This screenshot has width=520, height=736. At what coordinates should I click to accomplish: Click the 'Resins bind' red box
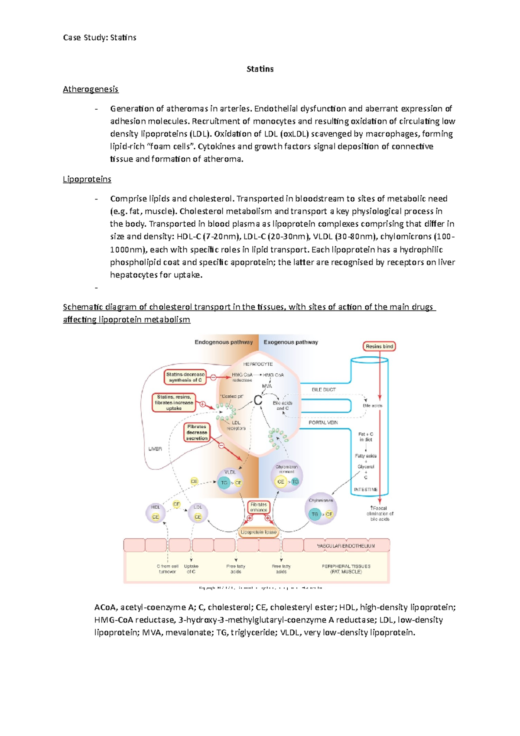click(x=379, y=346)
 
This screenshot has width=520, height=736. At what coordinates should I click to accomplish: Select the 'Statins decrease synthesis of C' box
click(x=185, y=377)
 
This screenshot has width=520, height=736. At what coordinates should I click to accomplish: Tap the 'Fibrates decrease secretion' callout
click(x=197, y=433)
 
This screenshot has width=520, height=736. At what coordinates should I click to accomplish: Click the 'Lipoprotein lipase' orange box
click(x=258, y=532)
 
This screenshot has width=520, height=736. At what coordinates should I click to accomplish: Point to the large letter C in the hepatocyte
click(x=258, y=401)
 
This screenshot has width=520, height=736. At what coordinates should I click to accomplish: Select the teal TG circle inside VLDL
click(x=224, y=482)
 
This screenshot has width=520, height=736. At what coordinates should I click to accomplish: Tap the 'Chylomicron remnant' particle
click(x=286, y=476)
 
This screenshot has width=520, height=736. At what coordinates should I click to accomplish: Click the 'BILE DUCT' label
click(x=324, y=390)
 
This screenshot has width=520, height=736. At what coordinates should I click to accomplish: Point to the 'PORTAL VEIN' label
click(x=323, y=422)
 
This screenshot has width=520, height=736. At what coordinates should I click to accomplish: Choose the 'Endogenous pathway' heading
click(x=224, y=342)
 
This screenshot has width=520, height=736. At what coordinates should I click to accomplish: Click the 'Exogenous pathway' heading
click(x=291, y=342)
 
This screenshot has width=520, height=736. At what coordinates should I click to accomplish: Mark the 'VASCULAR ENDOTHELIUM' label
click(x=346, y=546)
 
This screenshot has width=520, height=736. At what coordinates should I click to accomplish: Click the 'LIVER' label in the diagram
click(x=155, y=449)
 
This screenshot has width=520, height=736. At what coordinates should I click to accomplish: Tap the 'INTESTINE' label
click(x=365, y=489)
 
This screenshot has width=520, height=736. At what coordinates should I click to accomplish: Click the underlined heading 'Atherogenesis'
click(x=91, y=89)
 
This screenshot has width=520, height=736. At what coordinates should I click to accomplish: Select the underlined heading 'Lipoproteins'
click(x=87, y=179)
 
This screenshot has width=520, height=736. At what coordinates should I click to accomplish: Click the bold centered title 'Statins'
click(x=260, y=69)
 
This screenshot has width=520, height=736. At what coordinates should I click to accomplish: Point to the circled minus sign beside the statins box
click(x=213, y=378)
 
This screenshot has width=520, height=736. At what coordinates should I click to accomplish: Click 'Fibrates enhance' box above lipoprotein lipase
click(x=258, y=507)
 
